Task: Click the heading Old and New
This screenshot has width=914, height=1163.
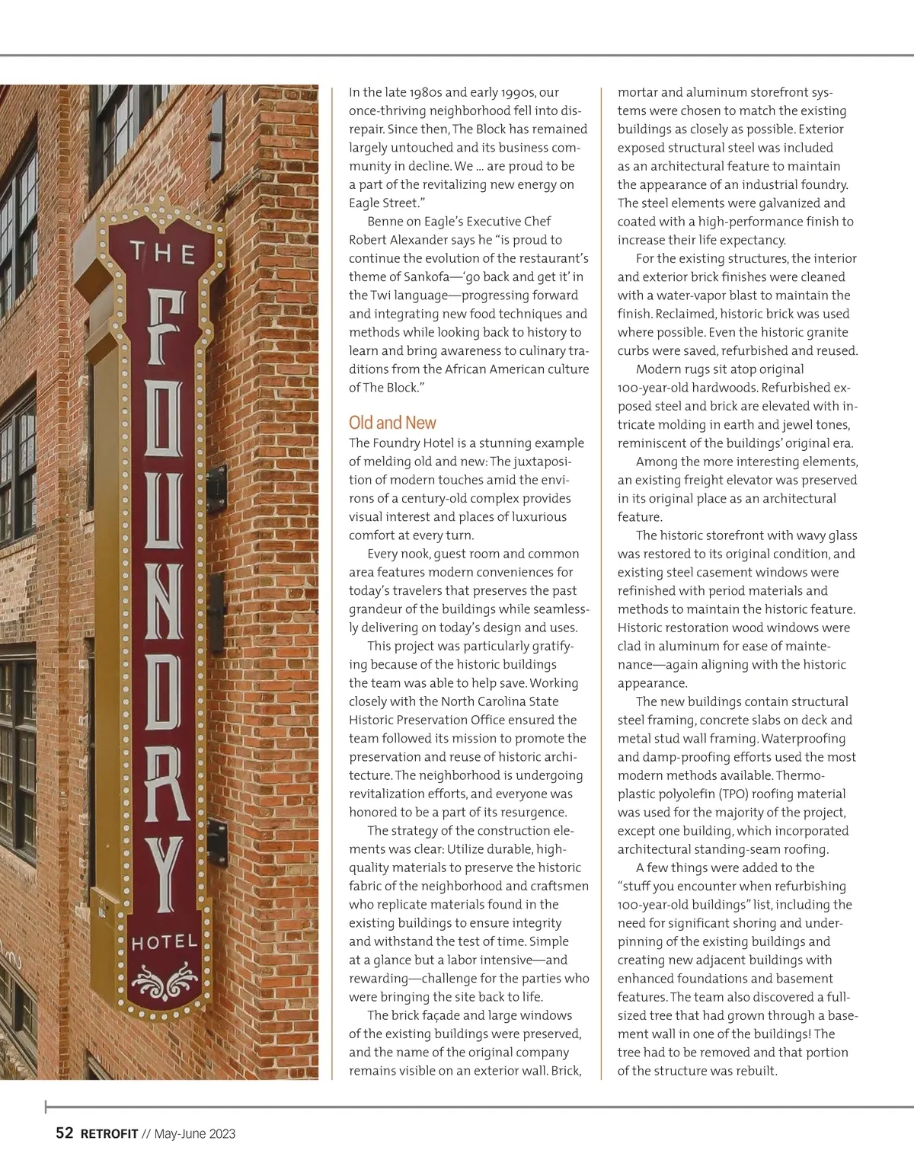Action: pyautogui.click(x=392, y=423)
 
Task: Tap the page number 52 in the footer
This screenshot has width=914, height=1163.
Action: pyautogui.click(x=65, y=1133)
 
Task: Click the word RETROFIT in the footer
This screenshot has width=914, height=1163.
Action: pyautogui.click(x=108, y=1133)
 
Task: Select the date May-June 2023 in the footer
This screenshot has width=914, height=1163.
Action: pyautogui.click(x=195, y=1133)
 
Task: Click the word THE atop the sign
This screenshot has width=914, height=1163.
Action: pyautogui.click(x=162, y=253)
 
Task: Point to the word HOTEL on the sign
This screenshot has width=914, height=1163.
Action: pyautogui.click(x=164, y=943)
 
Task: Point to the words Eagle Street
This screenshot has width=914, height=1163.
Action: pyautogui.click(x=382, y=203)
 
